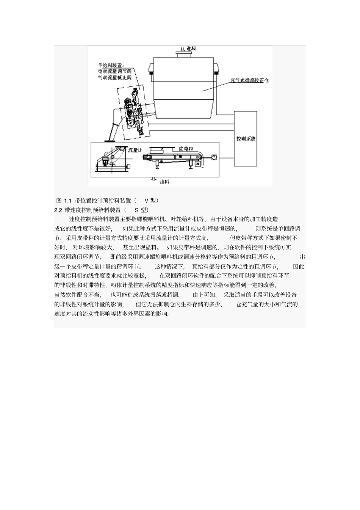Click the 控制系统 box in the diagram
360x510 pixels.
(x=246, y=138)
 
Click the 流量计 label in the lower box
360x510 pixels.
(x=135, y=150)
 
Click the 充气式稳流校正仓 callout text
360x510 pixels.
(x=250, y=80)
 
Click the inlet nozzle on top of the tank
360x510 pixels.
(x=185, y=55)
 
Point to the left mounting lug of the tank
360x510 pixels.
(x=151, y=68)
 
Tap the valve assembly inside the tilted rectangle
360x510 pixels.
(x=133, y=114)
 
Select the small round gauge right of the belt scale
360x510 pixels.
(x=214, y=156)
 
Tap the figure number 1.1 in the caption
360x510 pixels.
(x=67, y=200)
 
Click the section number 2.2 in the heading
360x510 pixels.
(x=58, y=210)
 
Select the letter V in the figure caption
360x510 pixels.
(x=146, y=200)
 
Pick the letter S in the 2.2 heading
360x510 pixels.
(x=137, y=210)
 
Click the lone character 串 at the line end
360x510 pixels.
(x=302, y=257)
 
